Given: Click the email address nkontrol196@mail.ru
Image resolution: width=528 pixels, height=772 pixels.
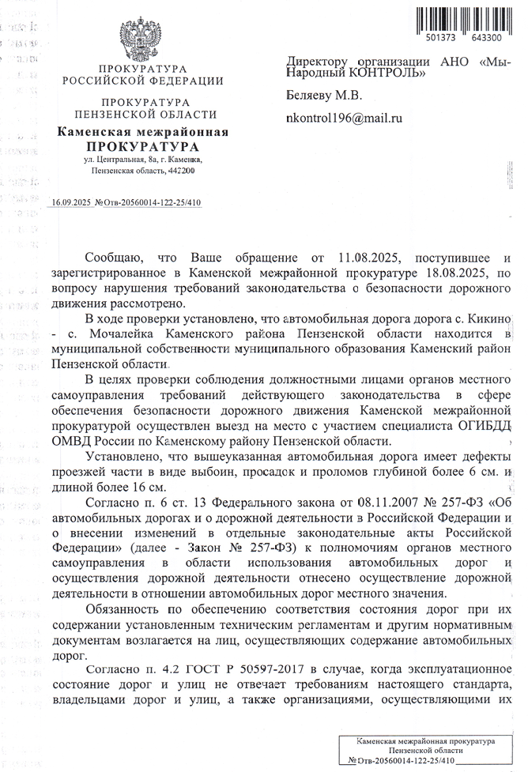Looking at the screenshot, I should click(x=344, y=118).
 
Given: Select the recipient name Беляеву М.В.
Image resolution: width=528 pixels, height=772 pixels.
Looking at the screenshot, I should click(x=323, y=96).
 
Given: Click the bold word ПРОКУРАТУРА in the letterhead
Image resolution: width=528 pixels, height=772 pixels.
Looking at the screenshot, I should click(x=142, y=146).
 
